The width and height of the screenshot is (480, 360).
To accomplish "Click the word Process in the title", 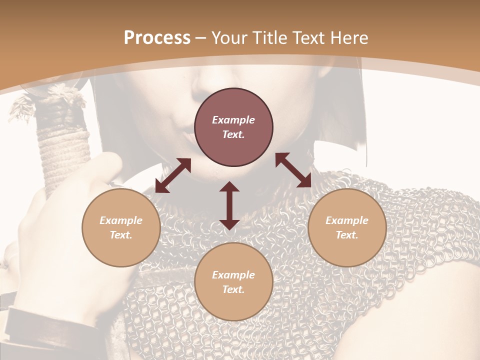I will (x=157, y=38).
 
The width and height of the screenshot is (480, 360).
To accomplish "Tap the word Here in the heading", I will (x=349, y=38).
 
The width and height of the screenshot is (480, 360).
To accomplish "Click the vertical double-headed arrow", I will (x=229, y=205).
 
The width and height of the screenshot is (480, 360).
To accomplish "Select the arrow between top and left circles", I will (x=173, y=175).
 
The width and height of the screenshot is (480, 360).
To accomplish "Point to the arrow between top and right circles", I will (x=293, y=170).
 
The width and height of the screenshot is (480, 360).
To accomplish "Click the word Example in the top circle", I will (x=233, y=120).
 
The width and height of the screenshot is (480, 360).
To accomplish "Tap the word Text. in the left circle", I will (x=121, y=235).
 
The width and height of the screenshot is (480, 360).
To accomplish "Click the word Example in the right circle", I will (x=347, y=220).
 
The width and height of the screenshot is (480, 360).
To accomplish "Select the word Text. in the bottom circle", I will (x=233, y=289).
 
